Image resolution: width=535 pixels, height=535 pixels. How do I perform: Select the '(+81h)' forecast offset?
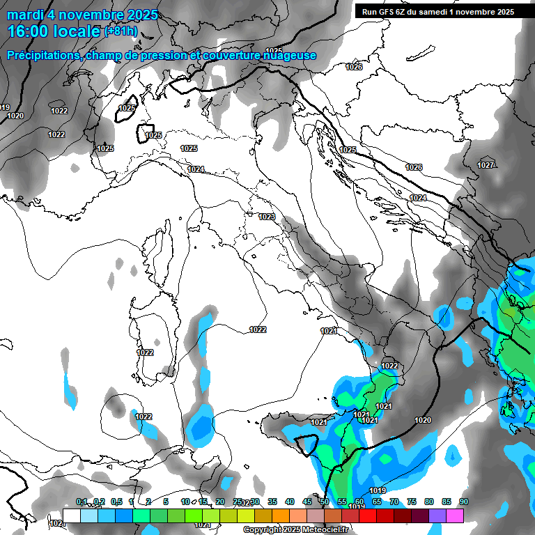pos(121,31)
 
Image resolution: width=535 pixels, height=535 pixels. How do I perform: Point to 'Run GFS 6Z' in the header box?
pos(387,11)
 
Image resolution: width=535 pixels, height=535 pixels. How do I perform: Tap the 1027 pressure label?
pos(486,165)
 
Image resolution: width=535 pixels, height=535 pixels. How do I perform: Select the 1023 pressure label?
pos(266,217)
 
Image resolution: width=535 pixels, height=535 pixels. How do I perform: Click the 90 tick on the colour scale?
pos(463,502)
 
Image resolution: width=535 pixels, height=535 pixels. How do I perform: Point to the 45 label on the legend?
pos(307,502)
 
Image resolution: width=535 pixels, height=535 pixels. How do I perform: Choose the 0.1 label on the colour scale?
pos(81,502)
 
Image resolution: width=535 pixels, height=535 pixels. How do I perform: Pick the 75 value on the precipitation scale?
pos(412,502)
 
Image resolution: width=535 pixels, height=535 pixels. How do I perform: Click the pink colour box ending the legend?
pos(455,515)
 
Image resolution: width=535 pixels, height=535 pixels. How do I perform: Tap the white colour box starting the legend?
pos(72,515)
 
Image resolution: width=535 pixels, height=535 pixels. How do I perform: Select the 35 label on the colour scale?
pos(272,502)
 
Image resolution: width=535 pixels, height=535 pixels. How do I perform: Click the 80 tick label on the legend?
pos(429,502)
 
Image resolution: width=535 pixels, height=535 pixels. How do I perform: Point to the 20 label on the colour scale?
pos(220,502)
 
